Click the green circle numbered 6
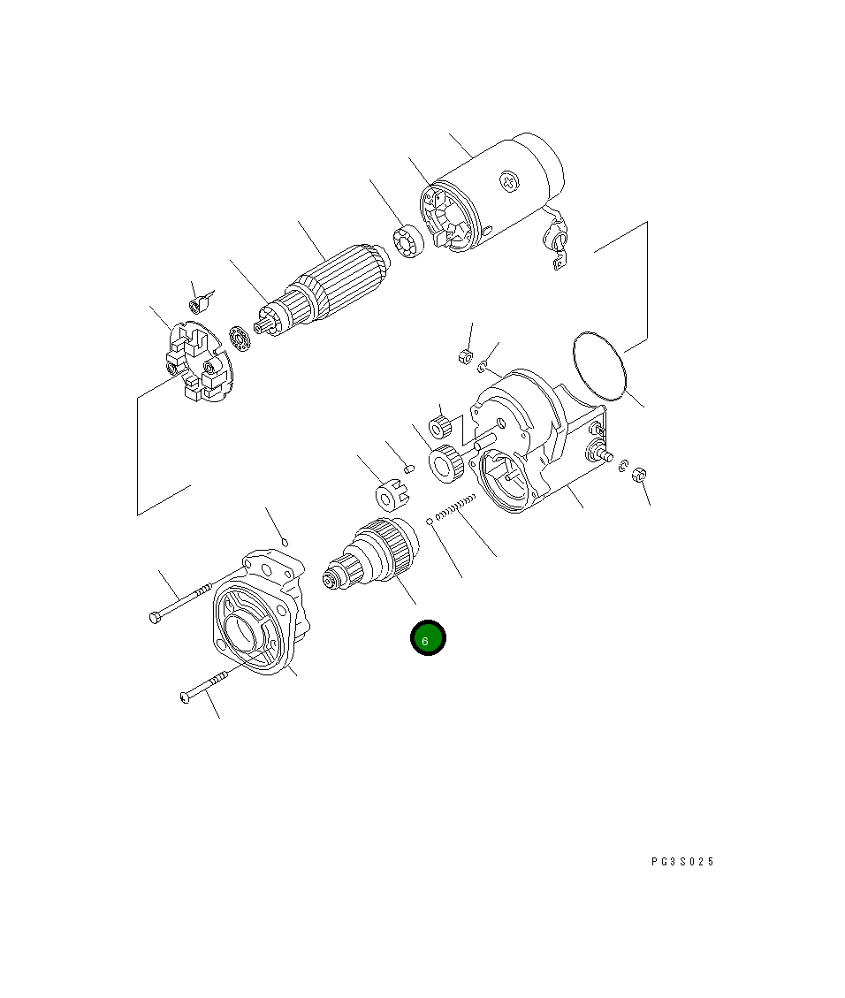pyautogui.click(x=428, y=637)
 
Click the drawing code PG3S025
pyautogui.click(x=682, y=862)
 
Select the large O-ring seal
pyautogui.click(x=599, y=366)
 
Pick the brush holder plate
pyautogui.click(x=194, y=362)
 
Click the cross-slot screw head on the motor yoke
pyautogui.click(x=509, y=181)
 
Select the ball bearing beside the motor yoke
pyautogui.click(x=408, y=241)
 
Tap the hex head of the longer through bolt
pyautogui.click(x=155, y=617)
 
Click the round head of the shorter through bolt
pyautogui.click(x=185, y=697)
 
